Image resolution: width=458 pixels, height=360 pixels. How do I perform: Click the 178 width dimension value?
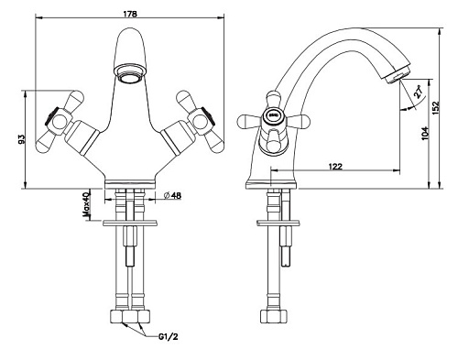130,14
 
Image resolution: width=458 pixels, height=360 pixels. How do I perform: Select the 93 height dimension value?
21,139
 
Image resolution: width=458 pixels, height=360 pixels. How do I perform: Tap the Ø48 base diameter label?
172,196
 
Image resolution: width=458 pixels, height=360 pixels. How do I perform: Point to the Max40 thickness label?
87,204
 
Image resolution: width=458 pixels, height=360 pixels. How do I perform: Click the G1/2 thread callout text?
168,337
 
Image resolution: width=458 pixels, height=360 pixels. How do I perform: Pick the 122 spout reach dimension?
335,167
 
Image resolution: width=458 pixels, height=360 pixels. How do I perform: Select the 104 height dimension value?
425,134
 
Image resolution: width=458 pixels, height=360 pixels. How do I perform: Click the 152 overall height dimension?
436,108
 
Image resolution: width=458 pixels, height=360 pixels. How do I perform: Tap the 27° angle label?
419,92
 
